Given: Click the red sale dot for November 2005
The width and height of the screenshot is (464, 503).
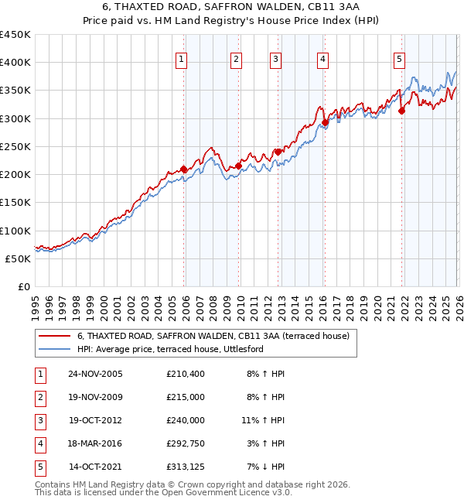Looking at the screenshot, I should click(183, 169).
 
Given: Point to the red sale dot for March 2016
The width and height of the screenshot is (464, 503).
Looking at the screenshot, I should click(325, 122).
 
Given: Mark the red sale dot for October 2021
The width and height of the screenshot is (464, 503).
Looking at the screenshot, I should click(401, 111).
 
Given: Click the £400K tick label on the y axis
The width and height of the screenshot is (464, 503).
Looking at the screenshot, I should click(15, 63).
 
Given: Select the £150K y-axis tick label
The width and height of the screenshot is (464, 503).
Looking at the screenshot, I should click(15, 203).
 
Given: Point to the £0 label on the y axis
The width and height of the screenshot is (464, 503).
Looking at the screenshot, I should click(22, 287).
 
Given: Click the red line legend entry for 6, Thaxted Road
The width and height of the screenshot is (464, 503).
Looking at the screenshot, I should click(213, 336).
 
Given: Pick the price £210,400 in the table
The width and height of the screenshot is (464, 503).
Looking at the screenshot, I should click(185, 374).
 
